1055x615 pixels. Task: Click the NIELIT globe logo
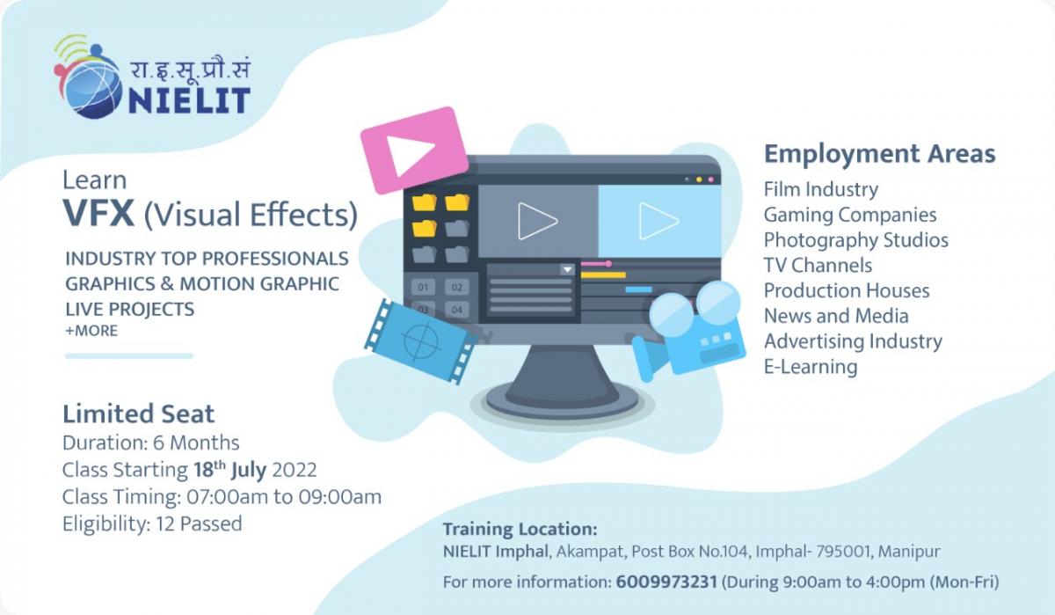(90, 77)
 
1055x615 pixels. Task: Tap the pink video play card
(414, 150)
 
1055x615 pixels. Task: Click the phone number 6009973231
(666, 582)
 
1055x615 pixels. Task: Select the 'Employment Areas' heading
(879, 154)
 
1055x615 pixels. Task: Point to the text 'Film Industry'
(821, 189)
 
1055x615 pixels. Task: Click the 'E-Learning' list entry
(811, 367)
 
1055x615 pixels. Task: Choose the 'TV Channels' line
(818, 266)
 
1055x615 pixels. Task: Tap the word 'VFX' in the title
(98, 214)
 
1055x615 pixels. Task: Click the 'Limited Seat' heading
(139, 414)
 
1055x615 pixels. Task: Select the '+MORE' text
(91, 331)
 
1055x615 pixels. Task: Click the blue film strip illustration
(420, 341)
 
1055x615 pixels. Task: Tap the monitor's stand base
(562, 400)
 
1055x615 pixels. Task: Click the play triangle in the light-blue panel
(658, 221)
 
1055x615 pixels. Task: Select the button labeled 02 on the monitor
(457, 287)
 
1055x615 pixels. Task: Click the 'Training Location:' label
(520, 530)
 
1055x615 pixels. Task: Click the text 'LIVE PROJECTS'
(130, 309)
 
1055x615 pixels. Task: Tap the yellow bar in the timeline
(603, 275)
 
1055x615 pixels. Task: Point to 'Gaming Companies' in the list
(850, 215)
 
